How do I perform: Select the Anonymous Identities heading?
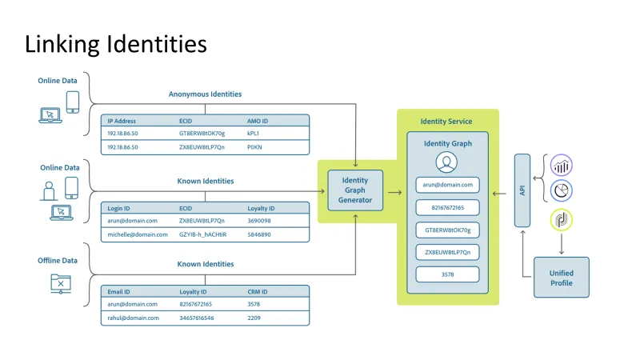(205, 94)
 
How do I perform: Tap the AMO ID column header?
(258, 120)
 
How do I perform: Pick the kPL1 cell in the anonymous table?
(254, 134)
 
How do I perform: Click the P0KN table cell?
(255, 147)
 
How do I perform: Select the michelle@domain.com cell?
(138, 234)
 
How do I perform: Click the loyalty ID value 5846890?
(259, 234)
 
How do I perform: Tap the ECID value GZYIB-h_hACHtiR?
(202, 234)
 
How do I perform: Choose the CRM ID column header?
(258, 291)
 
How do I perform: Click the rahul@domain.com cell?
(133, 318)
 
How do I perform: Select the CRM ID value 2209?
(254, 318)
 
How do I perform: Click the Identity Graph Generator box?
(355, 190)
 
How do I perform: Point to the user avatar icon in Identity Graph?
(446, 162)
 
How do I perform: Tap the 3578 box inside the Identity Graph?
(447, 274)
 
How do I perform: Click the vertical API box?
(522, 190)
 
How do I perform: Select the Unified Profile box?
(561, 278)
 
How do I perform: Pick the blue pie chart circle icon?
(562, 191)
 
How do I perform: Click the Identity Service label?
(446, 122)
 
